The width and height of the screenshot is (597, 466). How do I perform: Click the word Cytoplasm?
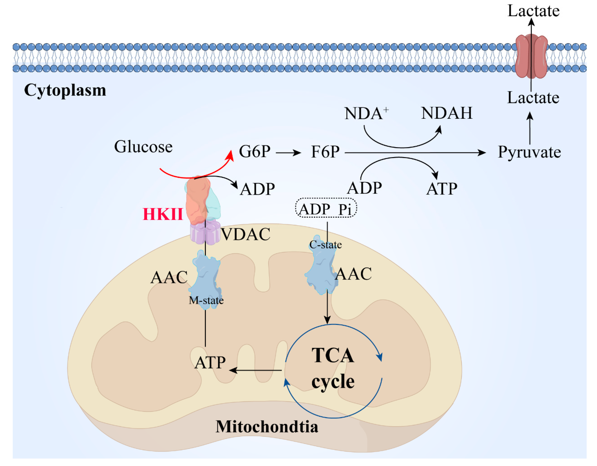point(65,90)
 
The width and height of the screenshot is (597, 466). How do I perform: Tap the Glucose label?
point(143,147)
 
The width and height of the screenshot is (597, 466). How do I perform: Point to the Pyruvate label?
point(529,152)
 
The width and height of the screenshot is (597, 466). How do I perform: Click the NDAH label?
point(447,113)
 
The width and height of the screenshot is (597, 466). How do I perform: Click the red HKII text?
point(163,214)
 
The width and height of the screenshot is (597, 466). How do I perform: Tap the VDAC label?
point(245,234)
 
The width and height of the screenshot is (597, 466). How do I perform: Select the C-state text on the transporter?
point(325,245)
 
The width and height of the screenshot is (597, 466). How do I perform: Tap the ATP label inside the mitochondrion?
point(210,363)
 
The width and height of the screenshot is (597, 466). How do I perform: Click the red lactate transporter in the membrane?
point(531,56)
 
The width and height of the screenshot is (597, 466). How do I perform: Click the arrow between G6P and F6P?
point(288,153)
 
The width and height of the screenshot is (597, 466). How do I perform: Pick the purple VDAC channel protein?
point(205,234)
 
